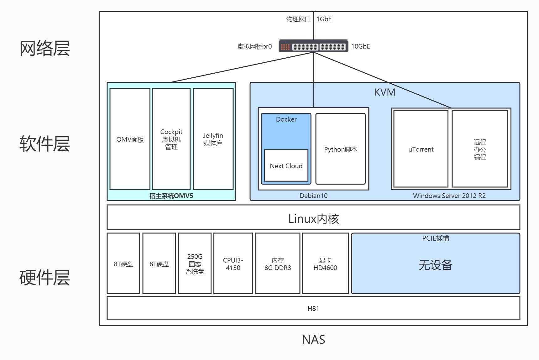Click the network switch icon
click(313, 46)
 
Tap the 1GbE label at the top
click(324, 19)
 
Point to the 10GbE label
click(360, 46)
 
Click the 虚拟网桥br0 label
click(254, 46)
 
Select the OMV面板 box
click(130, 139)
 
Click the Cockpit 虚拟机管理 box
click(171, 139)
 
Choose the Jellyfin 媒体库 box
click(213, 139)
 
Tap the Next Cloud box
click(286, 166)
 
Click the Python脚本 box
click(341, 149)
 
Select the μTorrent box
click(421, 149)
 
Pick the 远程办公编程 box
click(480, 149)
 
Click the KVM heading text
click(385, 92)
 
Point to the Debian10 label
click(313, 196)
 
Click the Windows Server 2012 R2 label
click(449, 196)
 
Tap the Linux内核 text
click(313, 218)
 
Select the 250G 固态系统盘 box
click(195, 263)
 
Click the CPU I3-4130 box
click(233, 263)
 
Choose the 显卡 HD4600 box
click(325, 263)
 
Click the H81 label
click(313, 308)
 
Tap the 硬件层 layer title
click(44, 278)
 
